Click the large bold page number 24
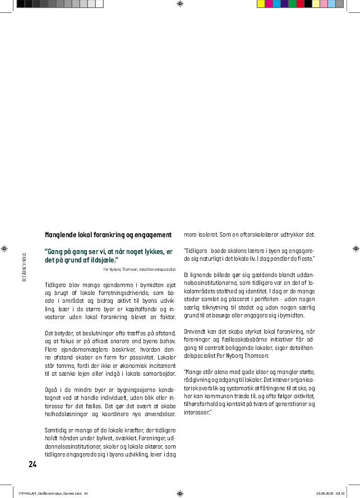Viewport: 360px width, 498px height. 32,464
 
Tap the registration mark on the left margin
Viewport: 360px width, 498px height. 4,247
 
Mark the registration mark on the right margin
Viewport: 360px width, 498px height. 355,247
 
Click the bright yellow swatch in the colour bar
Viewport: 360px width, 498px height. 261,3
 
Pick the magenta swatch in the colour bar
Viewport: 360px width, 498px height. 269,3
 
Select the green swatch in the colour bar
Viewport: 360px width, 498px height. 292,3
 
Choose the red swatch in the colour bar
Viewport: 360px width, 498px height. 300,3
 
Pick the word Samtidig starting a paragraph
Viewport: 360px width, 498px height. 56,429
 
